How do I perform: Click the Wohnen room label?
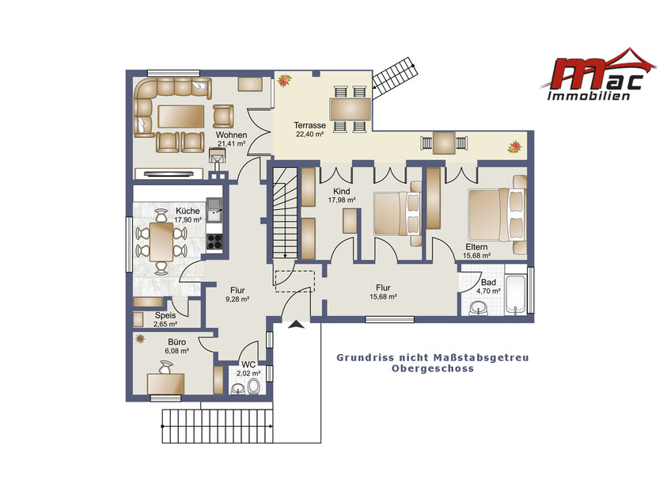(x=231, y=135)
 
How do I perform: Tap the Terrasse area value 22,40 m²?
(x=310, y=134)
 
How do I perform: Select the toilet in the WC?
(x=254, y=386)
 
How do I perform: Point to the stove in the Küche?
(x=214, y=242)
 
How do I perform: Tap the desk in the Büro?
(x=166, y=384)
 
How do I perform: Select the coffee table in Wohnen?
(x=181, y=116)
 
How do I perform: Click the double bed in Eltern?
(x=498, y=215)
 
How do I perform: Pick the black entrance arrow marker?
(x=297, y=325)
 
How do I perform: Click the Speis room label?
(x=165, y=315)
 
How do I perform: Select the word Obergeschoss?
(x=433, y=368)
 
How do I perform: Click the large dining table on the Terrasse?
(x=350, y=109)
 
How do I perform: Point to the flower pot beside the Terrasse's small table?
(x=514, y=147)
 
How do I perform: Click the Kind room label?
(x=342, y=192)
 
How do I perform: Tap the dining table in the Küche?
(x=161, y=242)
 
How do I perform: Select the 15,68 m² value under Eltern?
(x=476, y=256)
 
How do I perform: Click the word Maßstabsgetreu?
(x=481, y=358)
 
